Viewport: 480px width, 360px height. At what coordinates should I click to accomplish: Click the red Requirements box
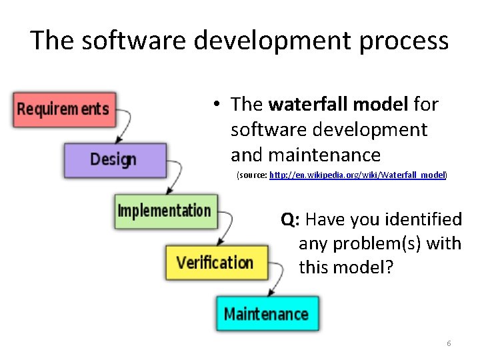64,109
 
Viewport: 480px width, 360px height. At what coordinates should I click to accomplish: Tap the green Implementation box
165,211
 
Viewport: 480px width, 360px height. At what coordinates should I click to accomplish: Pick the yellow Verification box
217,262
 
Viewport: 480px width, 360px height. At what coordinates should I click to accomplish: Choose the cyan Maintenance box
267,314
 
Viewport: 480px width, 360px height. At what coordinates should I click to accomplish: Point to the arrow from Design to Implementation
175,178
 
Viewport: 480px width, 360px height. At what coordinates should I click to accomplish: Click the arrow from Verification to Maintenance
275,280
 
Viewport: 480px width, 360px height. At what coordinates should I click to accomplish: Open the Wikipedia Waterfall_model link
357,175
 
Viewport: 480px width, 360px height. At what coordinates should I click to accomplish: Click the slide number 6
449,343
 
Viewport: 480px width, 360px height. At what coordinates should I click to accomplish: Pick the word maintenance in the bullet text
324,155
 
